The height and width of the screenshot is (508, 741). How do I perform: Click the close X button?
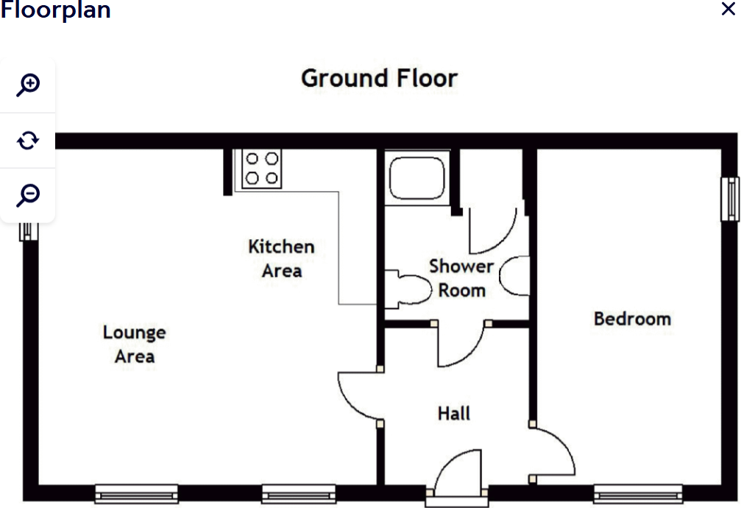tap(728, 10)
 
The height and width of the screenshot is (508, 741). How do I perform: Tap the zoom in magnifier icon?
tap(28, 85)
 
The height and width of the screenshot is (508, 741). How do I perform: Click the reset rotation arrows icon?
tap(28, 140)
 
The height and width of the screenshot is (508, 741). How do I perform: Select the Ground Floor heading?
tap(379, 78)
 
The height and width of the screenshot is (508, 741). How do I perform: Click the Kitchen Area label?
tap(281, 258)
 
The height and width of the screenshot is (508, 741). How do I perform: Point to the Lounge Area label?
tap(134, 345)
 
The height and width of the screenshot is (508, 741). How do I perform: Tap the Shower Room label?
tap(461, 278)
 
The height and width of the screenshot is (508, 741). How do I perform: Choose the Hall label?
tap(453, 414)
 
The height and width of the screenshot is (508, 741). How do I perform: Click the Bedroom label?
tap(632, 319)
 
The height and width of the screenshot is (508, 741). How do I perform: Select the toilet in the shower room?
tap(409, 289)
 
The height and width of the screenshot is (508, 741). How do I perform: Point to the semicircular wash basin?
tap(516, 276)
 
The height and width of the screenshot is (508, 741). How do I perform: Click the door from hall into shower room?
tap(461, 346)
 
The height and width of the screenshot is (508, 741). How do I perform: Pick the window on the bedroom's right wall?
tap(729, 199)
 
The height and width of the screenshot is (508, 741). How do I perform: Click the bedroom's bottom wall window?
tap(637, 493)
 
